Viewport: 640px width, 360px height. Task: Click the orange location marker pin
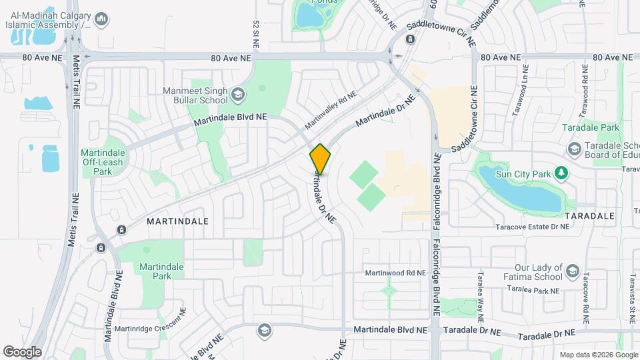tap(320, 159)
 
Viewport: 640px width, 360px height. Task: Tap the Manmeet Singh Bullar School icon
tap(238, 96)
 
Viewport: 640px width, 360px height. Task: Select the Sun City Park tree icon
tap(562, 174)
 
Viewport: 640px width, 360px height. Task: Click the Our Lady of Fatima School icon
tap(572, 271)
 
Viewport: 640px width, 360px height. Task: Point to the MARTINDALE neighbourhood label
tap(178, 221)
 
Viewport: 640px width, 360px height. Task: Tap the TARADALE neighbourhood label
tap(589, 217)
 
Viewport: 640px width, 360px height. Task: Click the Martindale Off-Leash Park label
tap(97, 162)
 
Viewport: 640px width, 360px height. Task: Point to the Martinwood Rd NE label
tap(395, 273)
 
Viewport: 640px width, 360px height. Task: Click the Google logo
tap(22, 351)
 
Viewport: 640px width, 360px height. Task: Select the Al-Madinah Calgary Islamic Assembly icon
tap(101, 21)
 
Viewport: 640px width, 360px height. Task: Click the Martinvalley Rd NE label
tap(331, 111)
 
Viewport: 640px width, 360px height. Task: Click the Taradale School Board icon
tap(573, 148)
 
